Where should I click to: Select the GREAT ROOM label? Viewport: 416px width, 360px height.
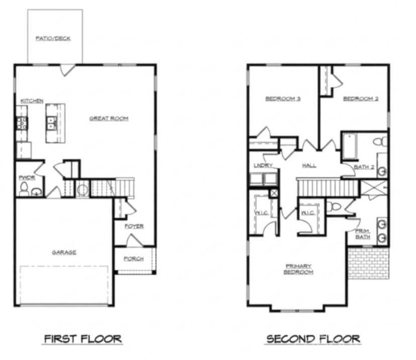pyautogui.click(x=109, y=118)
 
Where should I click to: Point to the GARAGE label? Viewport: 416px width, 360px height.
pyautogui.click(x=64, y=252)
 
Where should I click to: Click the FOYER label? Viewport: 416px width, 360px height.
pyautogui.click(x=134, y=226)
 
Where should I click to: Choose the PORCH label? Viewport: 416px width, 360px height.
pyautogui.click(x=134, y=259)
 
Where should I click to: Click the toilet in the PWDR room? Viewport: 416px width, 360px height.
pyautogui.click(x=24, y=189)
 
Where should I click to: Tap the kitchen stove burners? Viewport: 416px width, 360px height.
pyautogui.click(x=22, y=124)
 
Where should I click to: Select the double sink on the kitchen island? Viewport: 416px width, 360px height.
pyautogui.click(x=51, y=123)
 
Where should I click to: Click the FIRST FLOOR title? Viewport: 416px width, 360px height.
pyautogui.click(x=82, y=339)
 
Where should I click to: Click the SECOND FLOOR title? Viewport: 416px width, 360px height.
pyautogui.click(x=313, y=339)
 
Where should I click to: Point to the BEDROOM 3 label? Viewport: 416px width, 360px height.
pyautogui.click(x=283, y=99)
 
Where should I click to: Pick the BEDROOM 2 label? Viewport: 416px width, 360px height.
pyautogui.click(x=360, y=99)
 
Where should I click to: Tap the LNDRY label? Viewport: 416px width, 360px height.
pyautogui.click(x=263, y=166)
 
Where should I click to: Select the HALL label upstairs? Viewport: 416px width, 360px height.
pyautogui.click(x=309, y=166)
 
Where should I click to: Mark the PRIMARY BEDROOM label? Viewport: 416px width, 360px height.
pyautogui.click(x=298, y=269)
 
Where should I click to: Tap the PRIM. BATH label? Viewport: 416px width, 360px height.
pyautogui.click(x=362, y=233)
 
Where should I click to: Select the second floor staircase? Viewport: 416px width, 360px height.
pyautogui.click(x=327, y=188)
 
